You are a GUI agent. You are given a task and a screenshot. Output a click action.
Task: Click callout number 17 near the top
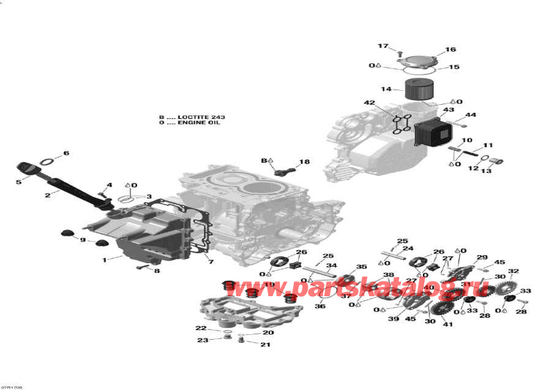point(383,47)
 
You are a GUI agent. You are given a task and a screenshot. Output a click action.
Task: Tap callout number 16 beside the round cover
point(451,50)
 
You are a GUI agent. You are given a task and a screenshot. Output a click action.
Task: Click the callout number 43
point(449,110)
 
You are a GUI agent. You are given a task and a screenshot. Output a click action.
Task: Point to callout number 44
point(470,115)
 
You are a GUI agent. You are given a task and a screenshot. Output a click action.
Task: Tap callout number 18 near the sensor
point(304,162)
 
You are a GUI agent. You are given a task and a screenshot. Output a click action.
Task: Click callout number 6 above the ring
point(66,153)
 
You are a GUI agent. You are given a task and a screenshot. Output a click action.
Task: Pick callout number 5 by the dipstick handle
point(18,182)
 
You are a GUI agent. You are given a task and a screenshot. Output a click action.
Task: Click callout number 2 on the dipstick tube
point(47,195)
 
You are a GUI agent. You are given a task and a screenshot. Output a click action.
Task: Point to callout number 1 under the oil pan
point(104,259)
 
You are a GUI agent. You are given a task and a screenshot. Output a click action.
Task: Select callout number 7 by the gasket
point(211,262)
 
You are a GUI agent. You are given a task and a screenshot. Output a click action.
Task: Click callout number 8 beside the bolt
point(157,270)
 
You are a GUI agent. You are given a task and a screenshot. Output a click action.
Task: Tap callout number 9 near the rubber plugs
point(83,240)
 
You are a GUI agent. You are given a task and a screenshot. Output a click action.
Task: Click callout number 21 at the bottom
point(265,345)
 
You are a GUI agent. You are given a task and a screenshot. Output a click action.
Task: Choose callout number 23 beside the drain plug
point(201,340)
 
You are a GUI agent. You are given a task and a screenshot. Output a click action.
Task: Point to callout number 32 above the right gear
point(513,271)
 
